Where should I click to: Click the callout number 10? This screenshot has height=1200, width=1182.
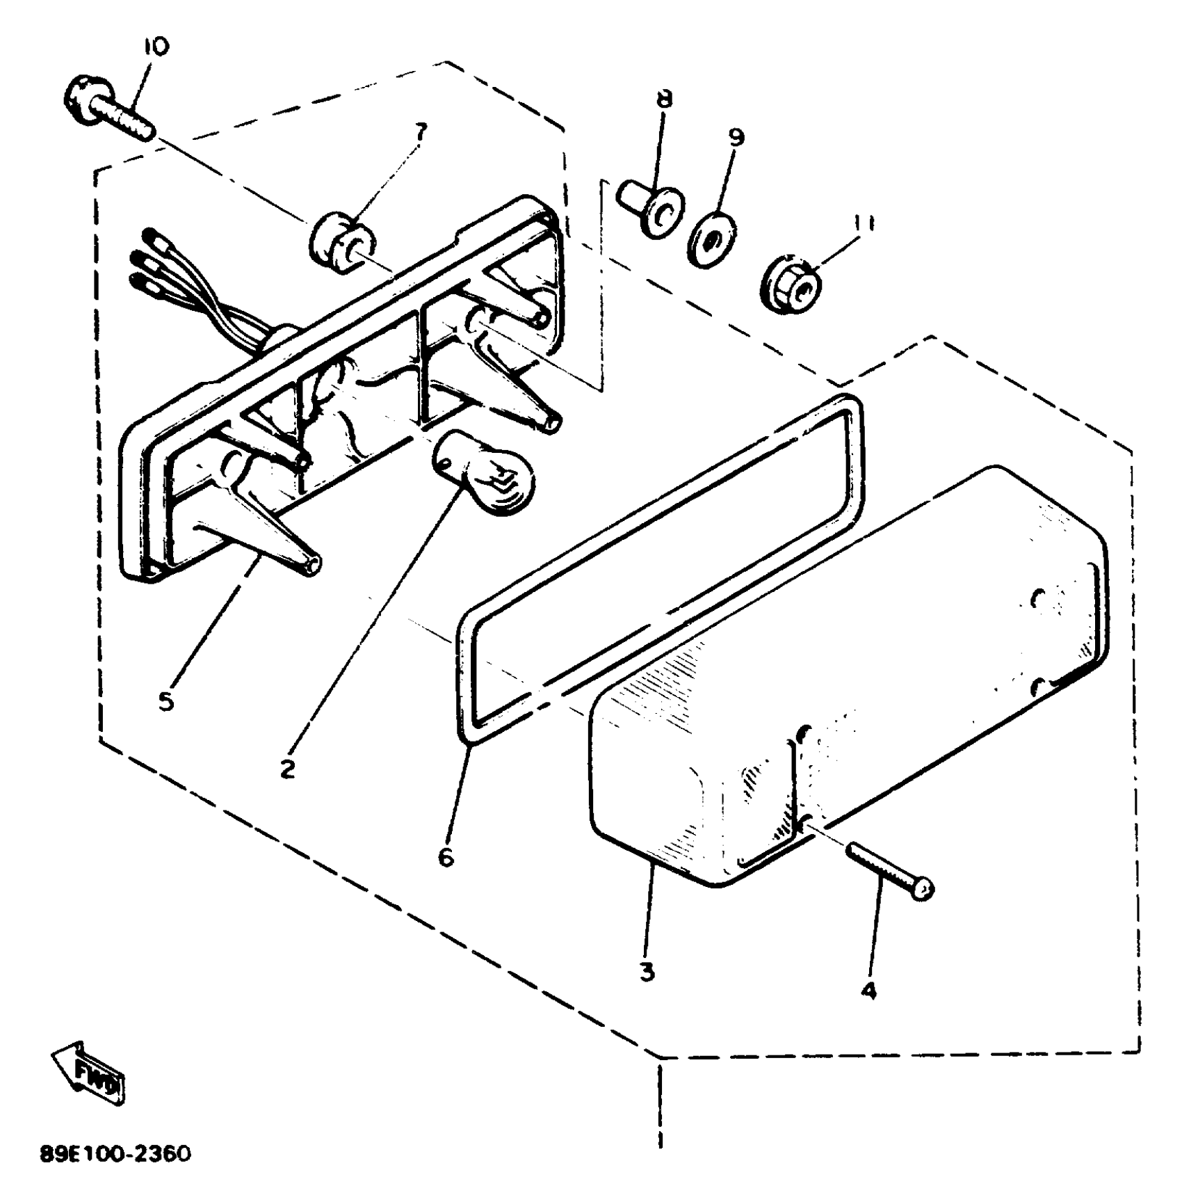[156, 47]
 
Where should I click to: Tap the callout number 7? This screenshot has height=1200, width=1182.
[422, 131]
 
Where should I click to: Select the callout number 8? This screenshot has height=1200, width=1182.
[665, 97]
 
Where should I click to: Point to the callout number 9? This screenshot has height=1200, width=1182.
[736, 137]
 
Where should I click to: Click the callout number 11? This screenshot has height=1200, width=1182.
[864, 224]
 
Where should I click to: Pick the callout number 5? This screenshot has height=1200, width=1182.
[165, 701]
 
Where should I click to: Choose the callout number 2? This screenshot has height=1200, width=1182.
[287, 769]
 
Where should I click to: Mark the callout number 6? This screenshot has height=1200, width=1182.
[446, 857]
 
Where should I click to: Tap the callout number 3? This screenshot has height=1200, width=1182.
[647, 971]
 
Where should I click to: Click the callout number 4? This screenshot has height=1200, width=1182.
[868, 991]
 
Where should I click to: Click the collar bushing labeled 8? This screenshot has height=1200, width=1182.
[651, 207]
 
